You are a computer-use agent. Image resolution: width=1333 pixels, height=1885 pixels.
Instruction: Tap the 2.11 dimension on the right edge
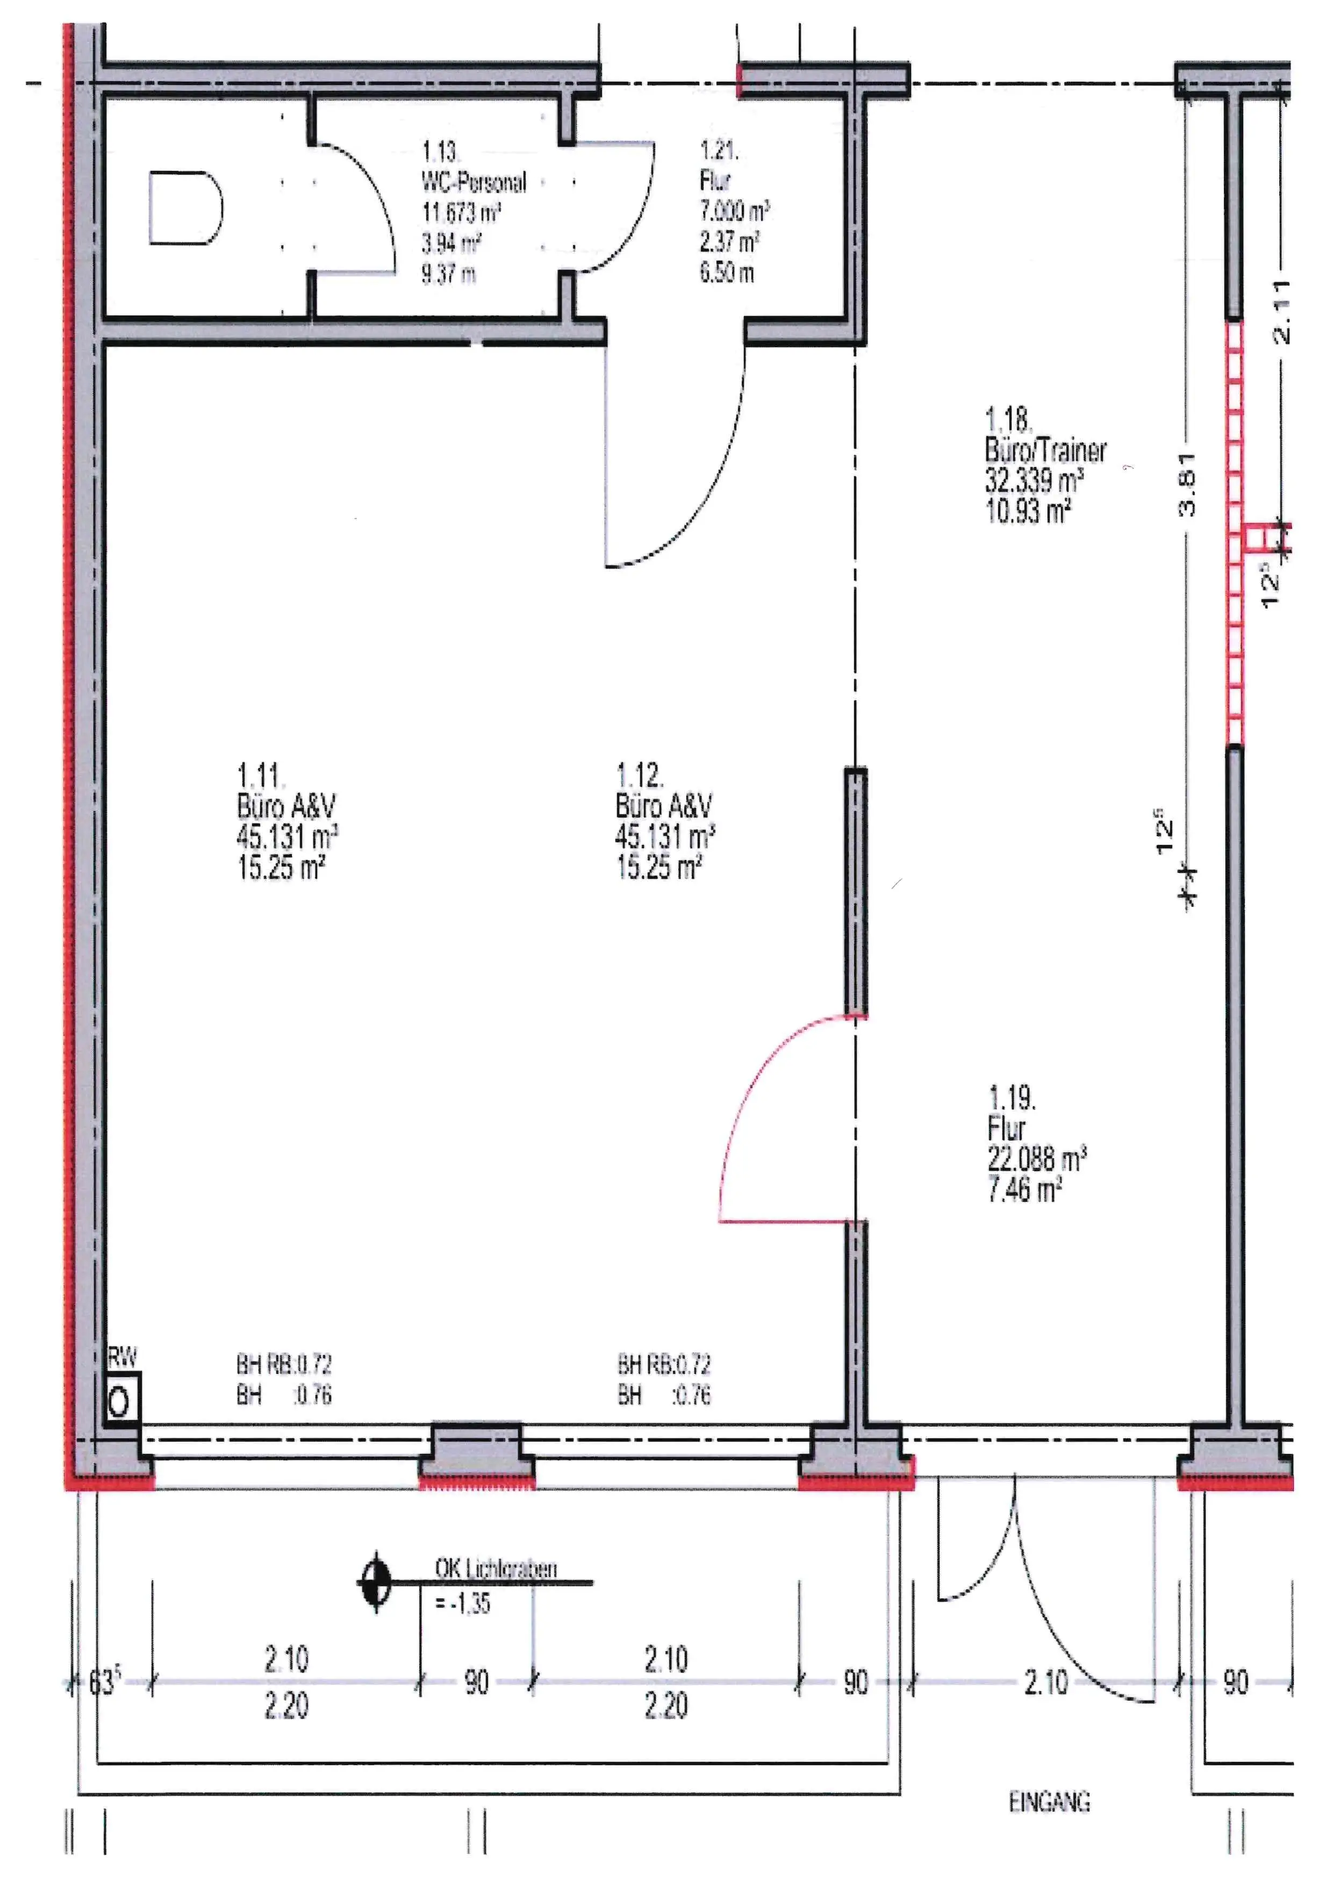click(x=1281, y=311)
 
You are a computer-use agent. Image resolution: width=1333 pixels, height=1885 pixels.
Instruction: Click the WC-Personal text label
click(x=474, y=182)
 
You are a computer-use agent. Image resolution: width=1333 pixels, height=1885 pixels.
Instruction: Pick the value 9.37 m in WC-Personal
click(x=448, y=274)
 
